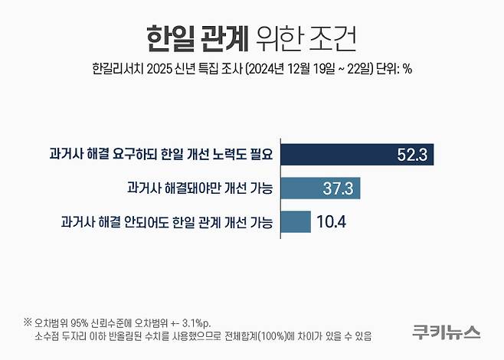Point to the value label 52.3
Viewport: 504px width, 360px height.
(411, 153)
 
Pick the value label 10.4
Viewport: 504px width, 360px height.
(332, 222)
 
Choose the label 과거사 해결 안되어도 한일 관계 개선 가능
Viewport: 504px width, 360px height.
(169, 222)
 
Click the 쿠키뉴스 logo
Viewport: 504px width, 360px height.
(445, 332)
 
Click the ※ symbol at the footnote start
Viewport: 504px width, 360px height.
(28, 321)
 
